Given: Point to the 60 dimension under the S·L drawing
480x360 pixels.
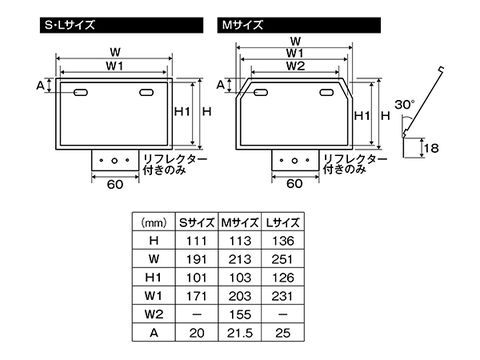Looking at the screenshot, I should click(114, 184).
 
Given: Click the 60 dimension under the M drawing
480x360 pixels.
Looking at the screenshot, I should click(295, 184).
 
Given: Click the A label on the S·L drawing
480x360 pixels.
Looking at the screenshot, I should click(41, 86).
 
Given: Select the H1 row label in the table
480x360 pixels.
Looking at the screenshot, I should click(153, 276).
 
